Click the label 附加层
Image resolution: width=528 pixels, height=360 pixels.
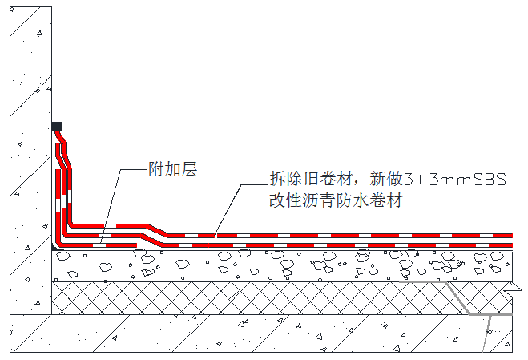pyautogui.click(x=173, y=169)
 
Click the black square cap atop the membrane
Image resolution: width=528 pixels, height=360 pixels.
pyautogui.click(x=57, y=127)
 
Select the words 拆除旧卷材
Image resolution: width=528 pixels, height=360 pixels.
pyautogui.click(x=311, y=179)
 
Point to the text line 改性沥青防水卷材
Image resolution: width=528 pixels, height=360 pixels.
pyautogui.click(x=336, y=200)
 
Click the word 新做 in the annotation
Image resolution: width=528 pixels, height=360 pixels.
pyautogui.click(x=386, y=179)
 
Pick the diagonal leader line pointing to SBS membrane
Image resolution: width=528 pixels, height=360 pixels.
pyautogui.click(x=228, y=208)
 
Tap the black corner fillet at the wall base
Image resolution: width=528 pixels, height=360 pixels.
pyautogui.click(x=54, y=247)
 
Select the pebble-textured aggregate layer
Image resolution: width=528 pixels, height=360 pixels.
pyautogui.click(x=282, y=266)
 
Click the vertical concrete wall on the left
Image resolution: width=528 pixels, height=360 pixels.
pyautogui.click(x=30, y=160)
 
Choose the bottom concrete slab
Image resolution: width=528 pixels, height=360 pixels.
pyautogui.click(x=261, y=334)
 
